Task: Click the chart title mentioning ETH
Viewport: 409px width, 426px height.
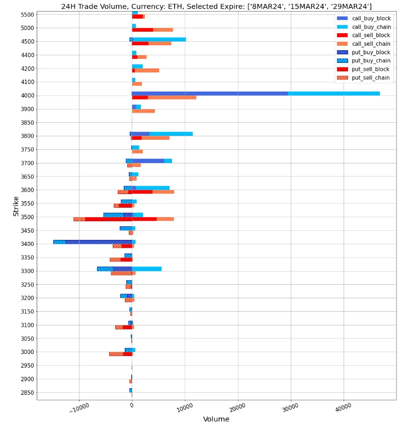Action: pyautogui.click(x=216, y=6)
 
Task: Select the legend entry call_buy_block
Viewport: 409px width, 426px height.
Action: pyautogui.click(x=372, y=19)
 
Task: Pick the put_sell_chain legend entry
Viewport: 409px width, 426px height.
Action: pyautogui.click(x=372, y=78)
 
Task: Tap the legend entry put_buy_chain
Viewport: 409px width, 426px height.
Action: pyautogui.click(x=372, y=61)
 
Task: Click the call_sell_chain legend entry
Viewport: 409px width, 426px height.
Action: pyautogui.click(x=372, y=44)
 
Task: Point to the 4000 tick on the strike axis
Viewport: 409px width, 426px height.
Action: pyautogui.click(x=24, y=96)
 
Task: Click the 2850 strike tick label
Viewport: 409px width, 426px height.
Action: pyautogui.click(x=24, y=393)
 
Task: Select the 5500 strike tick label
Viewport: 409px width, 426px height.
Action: pyautogui.click(x=24, y=15)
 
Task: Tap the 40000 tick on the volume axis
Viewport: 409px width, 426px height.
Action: pyautogui.click(x=343, y=407)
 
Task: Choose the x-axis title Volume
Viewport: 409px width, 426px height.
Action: pyautogui.click(x=216, y=419)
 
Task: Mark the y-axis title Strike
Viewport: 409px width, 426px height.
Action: pyautogui.click(x=16, y=207)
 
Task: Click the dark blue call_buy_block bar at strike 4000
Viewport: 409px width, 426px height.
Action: pyautogui.click(x=209, y=94)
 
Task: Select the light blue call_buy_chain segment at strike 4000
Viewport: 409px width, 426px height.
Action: pyautogui.click(x=334, y=94)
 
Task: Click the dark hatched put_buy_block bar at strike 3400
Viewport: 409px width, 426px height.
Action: pyautogui.click(x=99, y=242)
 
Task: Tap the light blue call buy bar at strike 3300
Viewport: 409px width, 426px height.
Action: pyautogui.click(x=147, y=269)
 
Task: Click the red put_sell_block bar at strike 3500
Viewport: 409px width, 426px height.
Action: pyautogui.click(x=108, y=219)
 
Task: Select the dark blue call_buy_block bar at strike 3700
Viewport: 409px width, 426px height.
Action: pyautogui.click(x=148, y=161)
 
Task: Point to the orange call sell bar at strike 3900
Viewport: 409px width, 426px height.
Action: pyautogui.click(x=143, y=111)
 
